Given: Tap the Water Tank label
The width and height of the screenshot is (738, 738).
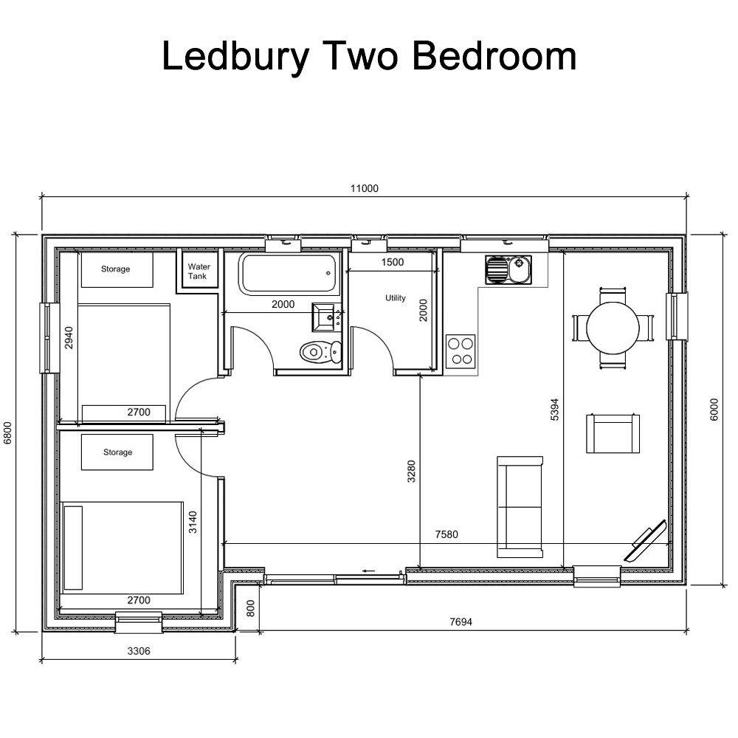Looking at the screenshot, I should click(199, 272).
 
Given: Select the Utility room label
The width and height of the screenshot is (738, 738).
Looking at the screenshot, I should click(396, 298).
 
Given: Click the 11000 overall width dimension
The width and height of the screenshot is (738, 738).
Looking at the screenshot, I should click(365, 188).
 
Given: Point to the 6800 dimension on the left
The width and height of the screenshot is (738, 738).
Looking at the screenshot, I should click(8, 433).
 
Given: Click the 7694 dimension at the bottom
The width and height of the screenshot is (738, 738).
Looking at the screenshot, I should click(461, 621).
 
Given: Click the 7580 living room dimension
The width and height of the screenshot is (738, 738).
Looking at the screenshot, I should click(446, 534).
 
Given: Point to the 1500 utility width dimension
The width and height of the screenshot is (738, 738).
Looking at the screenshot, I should click(392, 263).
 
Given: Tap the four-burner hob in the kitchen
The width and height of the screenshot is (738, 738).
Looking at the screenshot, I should click(461, 351).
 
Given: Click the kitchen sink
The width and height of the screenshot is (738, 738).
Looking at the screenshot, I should click(508, 269).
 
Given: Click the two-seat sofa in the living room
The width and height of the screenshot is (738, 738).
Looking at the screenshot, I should click(520, 506).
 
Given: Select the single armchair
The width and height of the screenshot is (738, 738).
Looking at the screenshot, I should click(612, 433).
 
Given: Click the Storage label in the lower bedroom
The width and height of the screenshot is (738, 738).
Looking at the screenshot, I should click(117, 452).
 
